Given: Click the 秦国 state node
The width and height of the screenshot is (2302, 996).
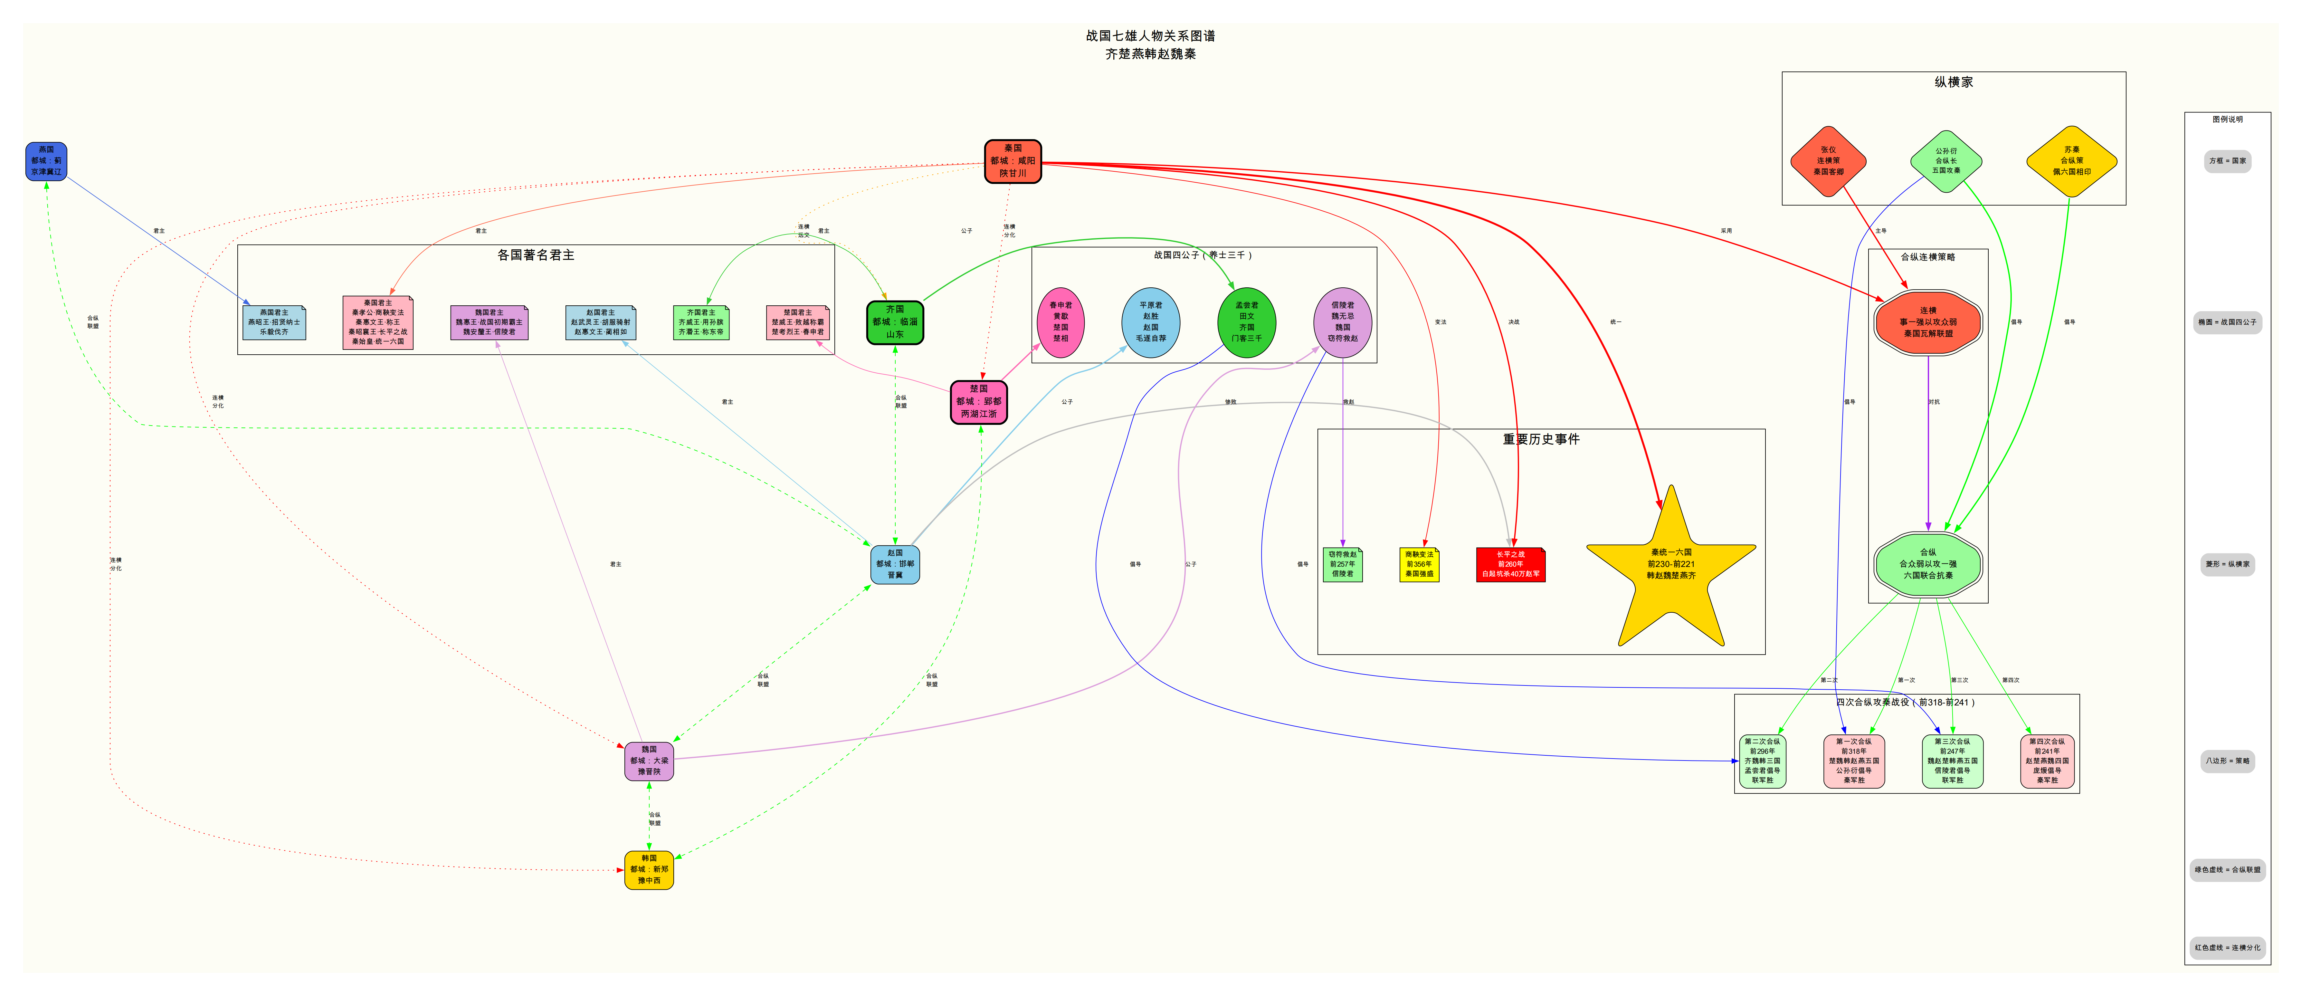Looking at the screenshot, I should tap(1013, 161).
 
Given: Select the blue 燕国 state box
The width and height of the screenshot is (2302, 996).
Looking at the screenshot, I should tap(46, 161).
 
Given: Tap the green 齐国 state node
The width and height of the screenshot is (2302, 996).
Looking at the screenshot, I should tap(895, 322).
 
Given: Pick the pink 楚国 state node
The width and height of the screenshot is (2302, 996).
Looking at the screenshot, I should tap(978, 401).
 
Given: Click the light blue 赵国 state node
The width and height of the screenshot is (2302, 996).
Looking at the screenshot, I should tap(895, 564).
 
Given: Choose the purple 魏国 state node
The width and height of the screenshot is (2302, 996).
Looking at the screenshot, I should tap(649, 761).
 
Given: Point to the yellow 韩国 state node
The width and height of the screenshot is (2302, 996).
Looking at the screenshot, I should tap(649, 869).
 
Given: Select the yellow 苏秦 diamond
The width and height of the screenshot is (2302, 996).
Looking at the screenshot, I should tap(2071, 161).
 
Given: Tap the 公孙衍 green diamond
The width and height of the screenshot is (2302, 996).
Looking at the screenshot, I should tap(1946, 161).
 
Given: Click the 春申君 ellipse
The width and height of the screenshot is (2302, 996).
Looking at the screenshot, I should tap(1061, 322).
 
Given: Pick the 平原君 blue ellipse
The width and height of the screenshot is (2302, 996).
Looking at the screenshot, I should tap(1151, 322).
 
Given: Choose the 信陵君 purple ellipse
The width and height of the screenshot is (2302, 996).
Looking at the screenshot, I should tap(1342, 322).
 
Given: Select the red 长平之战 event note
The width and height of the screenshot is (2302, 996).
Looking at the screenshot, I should tap(1510, 564).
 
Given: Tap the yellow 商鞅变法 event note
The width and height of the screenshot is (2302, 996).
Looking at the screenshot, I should tap(1419, 564).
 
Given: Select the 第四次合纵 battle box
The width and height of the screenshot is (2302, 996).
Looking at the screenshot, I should tap(2046, 761).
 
